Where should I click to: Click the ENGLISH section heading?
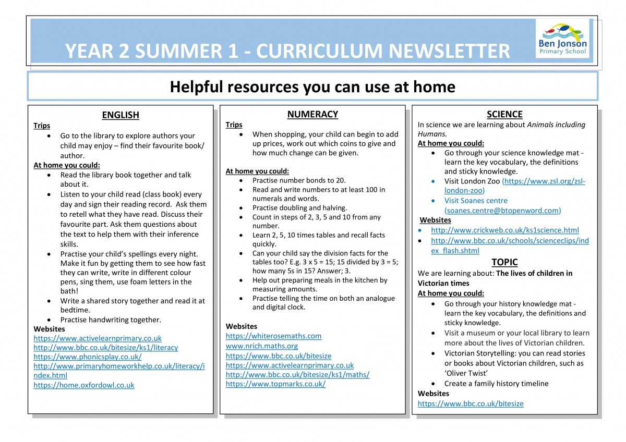click(121, 115)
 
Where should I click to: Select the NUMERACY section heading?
click(312, 114)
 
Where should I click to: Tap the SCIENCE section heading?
click(504, 114)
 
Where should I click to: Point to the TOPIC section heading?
click(504, 262)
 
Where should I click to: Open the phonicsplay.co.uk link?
click(88, 357)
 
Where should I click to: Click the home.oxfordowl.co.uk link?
click(84, 385)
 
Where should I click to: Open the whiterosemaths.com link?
click(273, 336)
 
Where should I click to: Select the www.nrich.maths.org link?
click(262, 346)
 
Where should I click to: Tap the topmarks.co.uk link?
click(275, 384)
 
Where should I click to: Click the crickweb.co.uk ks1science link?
click(505, 230)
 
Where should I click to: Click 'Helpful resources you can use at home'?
click(312, 87)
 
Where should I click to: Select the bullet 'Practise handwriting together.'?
click(111, 320)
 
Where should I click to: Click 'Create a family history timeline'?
click(496, 384)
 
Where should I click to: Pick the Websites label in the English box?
click(49, 329)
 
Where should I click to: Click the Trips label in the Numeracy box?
click(234, 125)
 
